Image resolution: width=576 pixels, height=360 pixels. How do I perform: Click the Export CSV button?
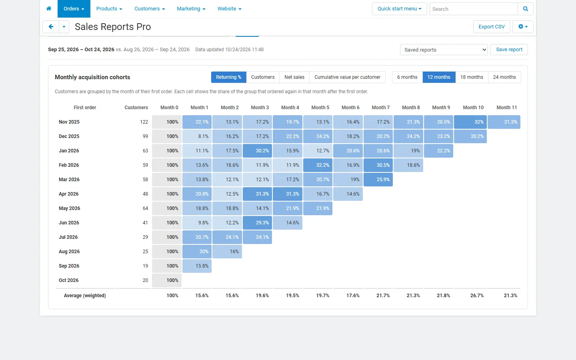click(491, 27)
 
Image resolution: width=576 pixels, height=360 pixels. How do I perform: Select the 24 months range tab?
click(504, 77)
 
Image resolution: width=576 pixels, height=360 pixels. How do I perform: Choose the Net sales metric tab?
click(294, 77)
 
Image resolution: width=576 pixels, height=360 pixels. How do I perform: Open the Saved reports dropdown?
click(444, 50)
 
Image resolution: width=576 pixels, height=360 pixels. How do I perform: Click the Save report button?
click(509, 50)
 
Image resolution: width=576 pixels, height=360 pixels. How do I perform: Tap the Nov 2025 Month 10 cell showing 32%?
click(470, 122)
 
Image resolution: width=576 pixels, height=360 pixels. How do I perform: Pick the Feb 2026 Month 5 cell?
click(318, 165)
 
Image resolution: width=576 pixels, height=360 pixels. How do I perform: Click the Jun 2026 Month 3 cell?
click(258, 223)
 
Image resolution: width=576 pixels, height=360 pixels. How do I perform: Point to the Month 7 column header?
click(380, 108)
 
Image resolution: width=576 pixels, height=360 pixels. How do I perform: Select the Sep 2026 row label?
click(69, 266)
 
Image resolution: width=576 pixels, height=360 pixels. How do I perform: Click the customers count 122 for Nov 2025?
click(144, 122)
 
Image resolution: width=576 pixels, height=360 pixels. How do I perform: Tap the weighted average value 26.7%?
click(477, 296)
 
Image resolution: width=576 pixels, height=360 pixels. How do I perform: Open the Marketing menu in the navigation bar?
click(191, 9)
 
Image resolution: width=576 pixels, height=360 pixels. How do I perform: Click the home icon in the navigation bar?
click(49, 8)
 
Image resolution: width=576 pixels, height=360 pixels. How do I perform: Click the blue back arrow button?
click(51, 27)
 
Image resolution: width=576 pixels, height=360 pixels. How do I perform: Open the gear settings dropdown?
click(523, 27)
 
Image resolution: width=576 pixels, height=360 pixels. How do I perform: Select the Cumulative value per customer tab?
click(347, 77)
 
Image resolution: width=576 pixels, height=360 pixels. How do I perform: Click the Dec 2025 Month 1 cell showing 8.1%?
click(197, 136)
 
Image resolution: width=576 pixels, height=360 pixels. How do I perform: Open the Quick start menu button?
click(399, 9)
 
